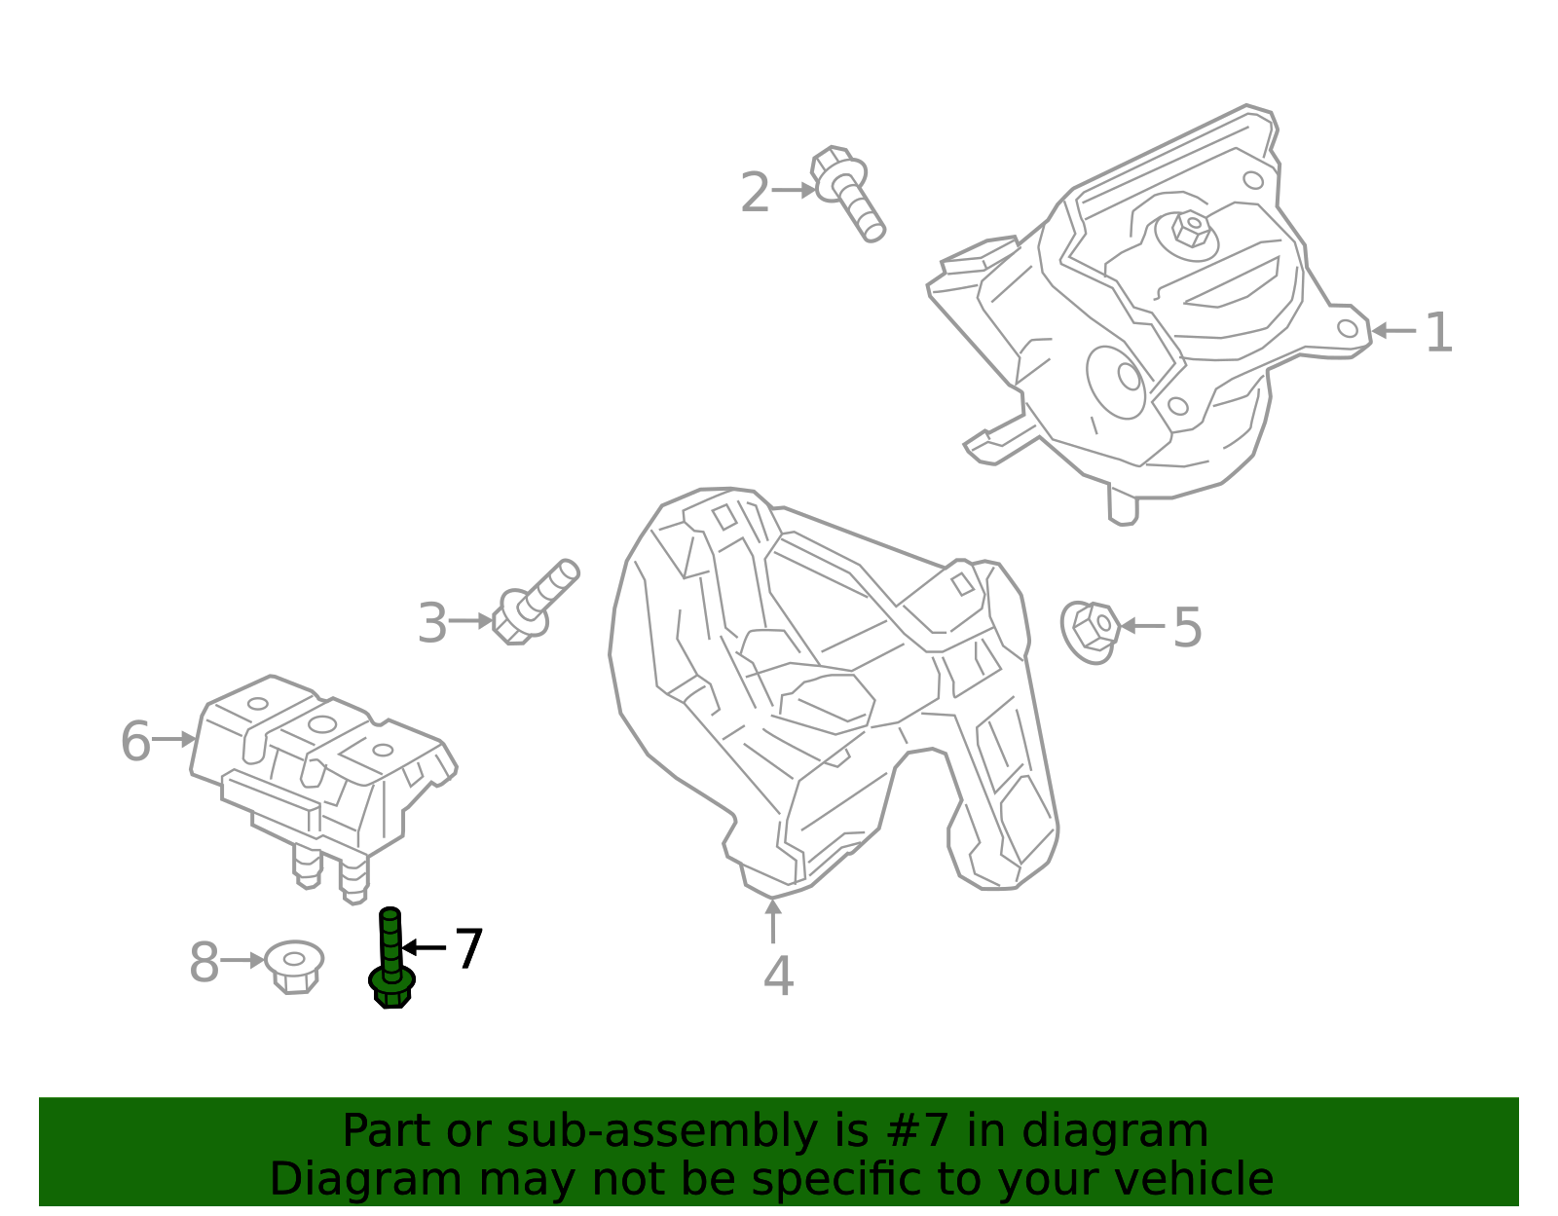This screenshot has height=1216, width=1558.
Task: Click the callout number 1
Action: [x=1438, y=333]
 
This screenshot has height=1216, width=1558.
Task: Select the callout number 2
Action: [x=755, y=192]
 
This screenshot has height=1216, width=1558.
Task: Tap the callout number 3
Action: [x=432, y=623]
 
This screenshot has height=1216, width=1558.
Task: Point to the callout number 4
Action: [x=779, y=976]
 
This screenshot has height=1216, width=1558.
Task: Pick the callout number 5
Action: [x=1187, y=628]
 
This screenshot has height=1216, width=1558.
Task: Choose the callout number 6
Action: [x=135, y=741]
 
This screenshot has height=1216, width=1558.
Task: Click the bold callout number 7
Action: [x=469, y=948]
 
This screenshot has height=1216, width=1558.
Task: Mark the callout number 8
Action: [x=204, y=962]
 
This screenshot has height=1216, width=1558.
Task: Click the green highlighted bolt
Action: [x=390, y=958]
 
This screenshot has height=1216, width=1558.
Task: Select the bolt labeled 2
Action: [x=847, y=192]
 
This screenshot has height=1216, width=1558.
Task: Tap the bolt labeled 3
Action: [x=535, y=603]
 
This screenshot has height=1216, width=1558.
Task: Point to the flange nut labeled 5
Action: [x=1090, y=633]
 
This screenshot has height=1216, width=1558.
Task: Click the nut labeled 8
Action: [x=294, y=967]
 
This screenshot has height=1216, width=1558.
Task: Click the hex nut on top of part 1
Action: [x=1191, y=229]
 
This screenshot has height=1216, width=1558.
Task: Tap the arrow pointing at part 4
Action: [x=773, y=922]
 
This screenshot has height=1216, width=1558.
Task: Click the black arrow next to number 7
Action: [x=424, y=948]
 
